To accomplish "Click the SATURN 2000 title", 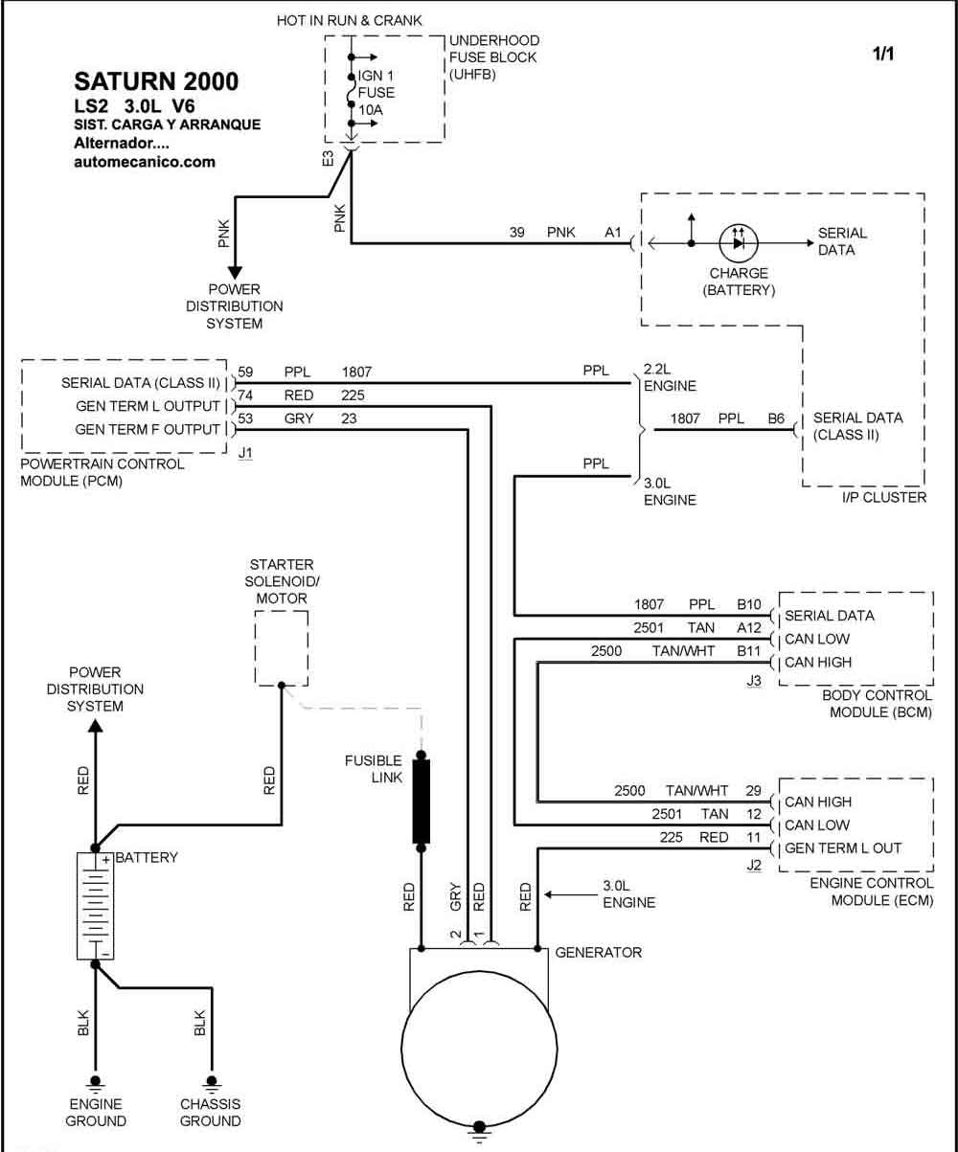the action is pos(156,81).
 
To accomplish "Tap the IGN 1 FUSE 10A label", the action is pos(376,93).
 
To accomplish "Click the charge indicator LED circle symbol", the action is pos(739,243).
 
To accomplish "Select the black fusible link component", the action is pos(422,802).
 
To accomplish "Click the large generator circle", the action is pos(479,1049).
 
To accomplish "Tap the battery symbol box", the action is pos(96,907).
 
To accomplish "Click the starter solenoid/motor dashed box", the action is pos(282,648).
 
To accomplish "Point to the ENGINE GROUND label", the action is pos(96,1113).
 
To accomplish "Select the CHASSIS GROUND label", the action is pos(210,1113).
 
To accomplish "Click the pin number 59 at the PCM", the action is pos(245,372).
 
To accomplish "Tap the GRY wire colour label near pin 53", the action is pos(299,418).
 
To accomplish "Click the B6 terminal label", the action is pos(776,418).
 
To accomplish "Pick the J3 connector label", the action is pos(754,681).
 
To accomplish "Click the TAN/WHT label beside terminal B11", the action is pos(683,651).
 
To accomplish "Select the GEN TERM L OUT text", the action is pos(843,848).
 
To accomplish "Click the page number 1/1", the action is pos(883,54).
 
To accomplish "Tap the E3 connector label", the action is pos(328,158).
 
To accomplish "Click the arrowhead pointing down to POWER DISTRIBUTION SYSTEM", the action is pos(235,273).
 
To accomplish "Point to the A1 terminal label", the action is pos(612,233).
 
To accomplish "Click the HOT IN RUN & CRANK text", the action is pos(349,20).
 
